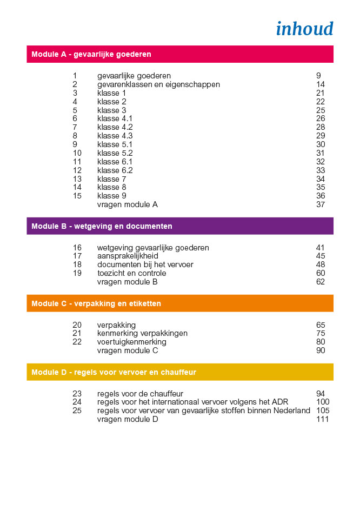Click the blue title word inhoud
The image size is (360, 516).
pos(304,29)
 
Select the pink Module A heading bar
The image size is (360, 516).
pos(180,54)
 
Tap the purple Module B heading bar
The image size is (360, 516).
pos(180,226)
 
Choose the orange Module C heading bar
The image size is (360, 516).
pos(180,303)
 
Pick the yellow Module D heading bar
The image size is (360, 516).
pos(180,372)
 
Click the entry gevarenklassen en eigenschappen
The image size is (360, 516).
pos(158,84)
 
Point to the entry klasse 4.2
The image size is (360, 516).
pos(115,127)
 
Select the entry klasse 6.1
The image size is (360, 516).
pos(115,162)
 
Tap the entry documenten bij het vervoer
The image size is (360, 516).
pos(145,265)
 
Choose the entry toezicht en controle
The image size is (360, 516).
pos(131,274)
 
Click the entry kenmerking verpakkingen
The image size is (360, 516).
pos(142,334)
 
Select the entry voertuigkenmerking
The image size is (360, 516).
pos(131,342)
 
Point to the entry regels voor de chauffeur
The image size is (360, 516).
pos(140,394)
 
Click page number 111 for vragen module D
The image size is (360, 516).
pos(323,420)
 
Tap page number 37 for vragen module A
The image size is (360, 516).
pos(321,205)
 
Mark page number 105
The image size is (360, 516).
pos(323,411)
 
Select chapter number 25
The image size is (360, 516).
pos(77,411)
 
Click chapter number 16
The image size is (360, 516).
pos(77,248)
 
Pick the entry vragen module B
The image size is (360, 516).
pos(127,282)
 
